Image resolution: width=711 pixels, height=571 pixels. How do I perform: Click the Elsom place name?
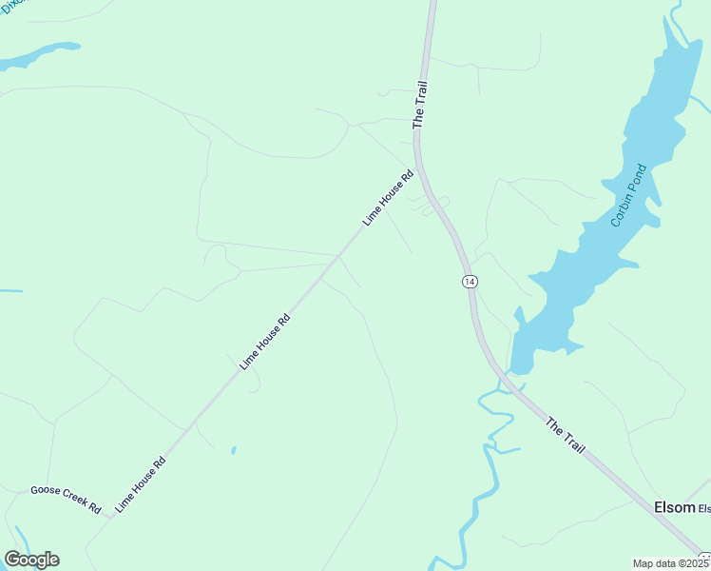(674, 507)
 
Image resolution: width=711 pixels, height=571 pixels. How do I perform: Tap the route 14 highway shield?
(470, 281)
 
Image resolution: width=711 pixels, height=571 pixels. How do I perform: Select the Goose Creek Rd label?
(66, 498)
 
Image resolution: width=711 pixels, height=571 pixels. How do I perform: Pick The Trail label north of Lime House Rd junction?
(420, 105)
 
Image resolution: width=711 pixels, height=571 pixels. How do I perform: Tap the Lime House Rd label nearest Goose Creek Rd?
(141, 485)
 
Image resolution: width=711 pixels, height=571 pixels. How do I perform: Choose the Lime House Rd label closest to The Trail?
(389, 197)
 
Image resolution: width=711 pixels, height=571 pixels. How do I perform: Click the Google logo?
(31, 560)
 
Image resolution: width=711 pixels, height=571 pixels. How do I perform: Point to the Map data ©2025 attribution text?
(669, 562)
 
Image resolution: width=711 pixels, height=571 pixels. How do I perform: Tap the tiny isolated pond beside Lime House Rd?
(233, 450)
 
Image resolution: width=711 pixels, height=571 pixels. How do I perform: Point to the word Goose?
(45, 491)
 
